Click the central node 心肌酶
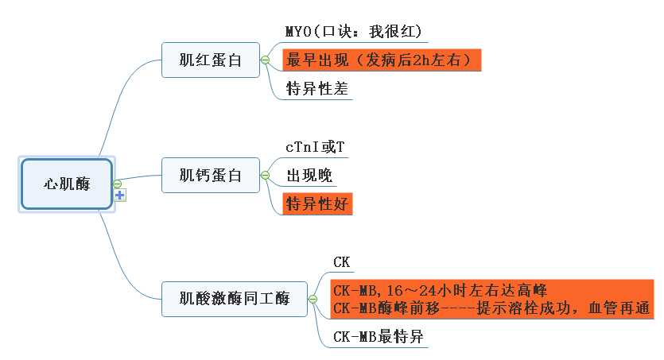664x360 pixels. coord(67,184)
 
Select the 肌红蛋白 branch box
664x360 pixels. coord(210,60)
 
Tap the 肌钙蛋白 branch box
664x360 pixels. coord(210,176)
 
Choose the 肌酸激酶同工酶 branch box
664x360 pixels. coord(234,299)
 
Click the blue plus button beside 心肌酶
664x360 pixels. coord(120,195)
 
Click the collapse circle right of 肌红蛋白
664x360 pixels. coord(265,60)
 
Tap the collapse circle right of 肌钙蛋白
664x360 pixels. coord(265,176)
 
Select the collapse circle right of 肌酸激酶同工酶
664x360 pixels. coord(313,300)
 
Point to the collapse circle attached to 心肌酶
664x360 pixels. coord(117,184)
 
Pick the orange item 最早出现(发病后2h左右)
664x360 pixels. coord(382,60)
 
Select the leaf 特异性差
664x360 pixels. coord(316,89)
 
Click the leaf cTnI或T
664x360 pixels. coord(315,147)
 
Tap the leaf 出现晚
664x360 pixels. coord(309,176)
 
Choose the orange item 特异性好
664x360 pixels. coord(316,203)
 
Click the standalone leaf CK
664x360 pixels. coord(341,261)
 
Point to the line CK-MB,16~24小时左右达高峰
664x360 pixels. coord(439,291)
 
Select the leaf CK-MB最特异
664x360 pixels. coord(378,337)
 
